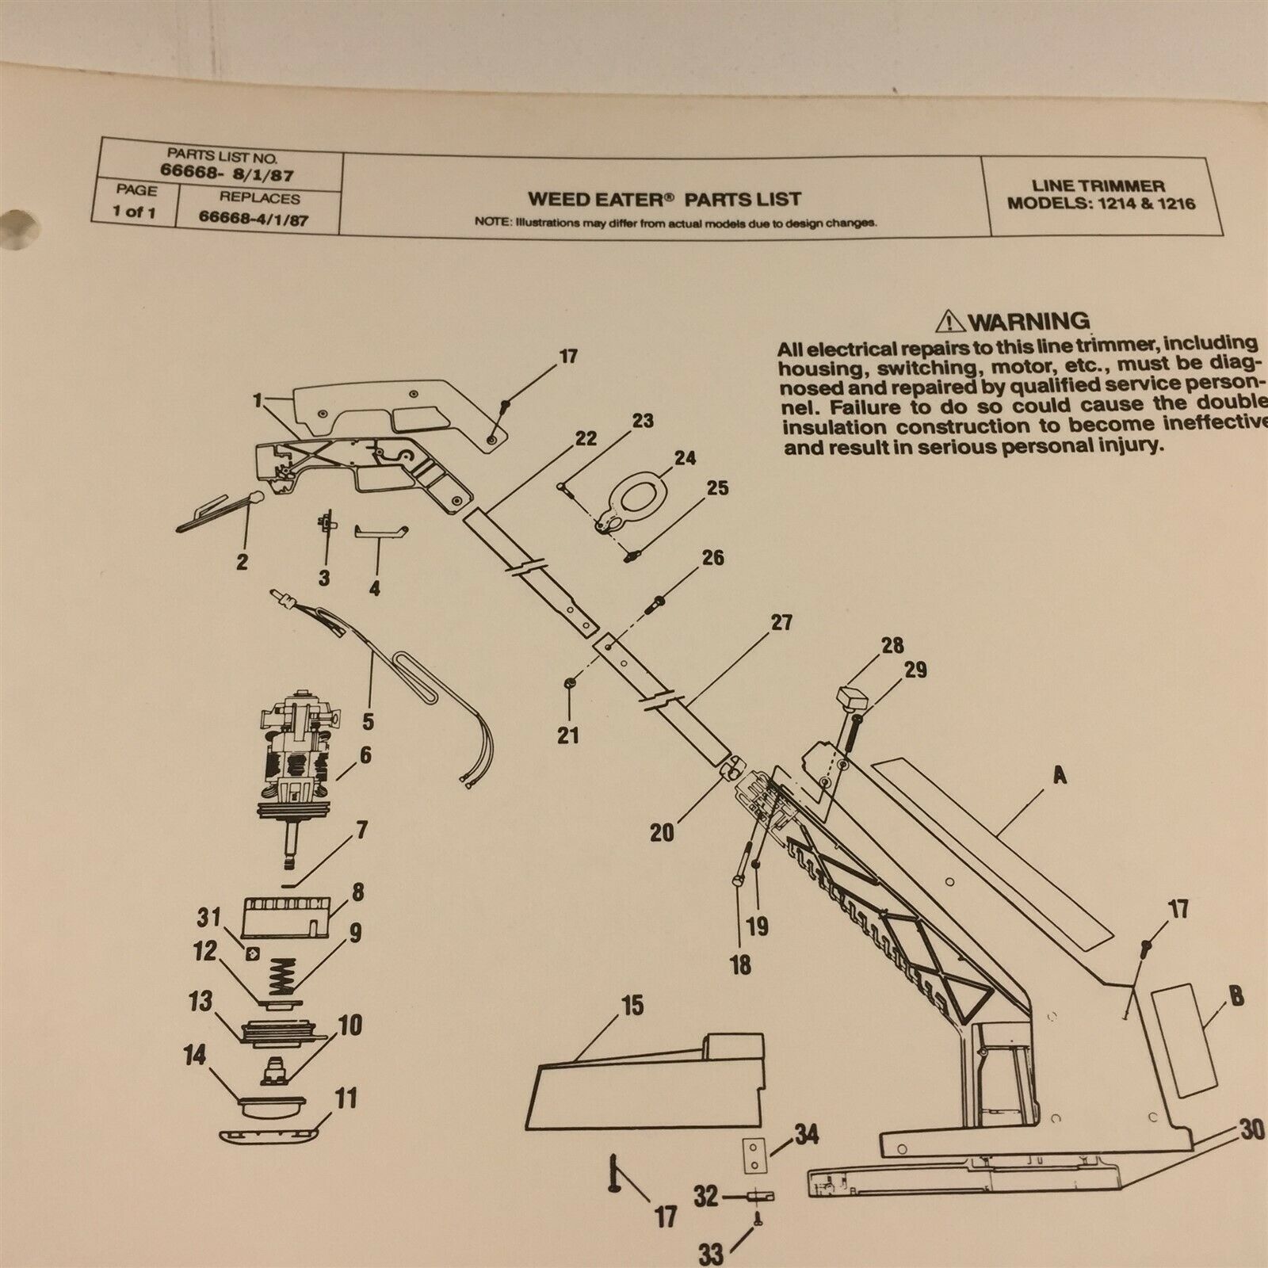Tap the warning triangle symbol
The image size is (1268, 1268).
pos(949,322)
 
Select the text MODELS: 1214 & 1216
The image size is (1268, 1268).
pos(1101,203)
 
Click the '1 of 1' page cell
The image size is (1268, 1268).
pos(134,213)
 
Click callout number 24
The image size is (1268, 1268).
pos(684,458)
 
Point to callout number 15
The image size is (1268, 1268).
pos(632,1006)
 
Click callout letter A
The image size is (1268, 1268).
pos(1058,777)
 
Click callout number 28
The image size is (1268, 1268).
pos(892,645)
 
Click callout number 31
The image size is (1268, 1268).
pos(208,916)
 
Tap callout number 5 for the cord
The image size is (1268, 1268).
pos(368,722)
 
